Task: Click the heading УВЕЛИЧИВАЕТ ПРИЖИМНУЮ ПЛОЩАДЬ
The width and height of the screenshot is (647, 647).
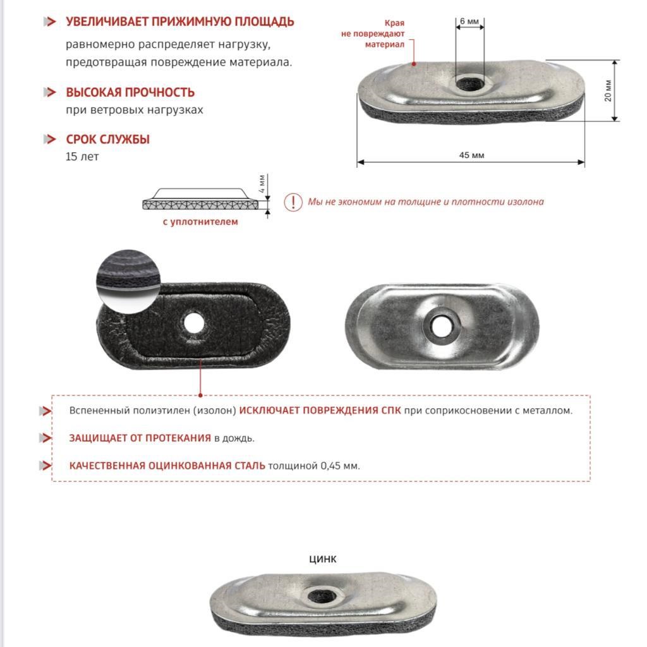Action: coord(180,22)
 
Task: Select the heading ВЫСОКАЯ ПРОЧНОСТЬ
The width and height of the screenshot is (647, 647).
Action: coord(130,93)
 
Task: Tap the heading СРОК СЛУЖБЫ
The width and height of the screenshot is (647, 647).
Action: coord(108,140)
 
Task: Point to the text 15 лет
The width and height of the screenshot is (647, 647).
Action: coord(82,157)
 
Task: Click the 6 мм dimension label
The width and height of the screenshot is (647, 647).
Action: coord(469,21)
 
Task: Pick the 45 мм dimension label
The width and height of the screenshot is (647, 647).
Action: coord(471,155)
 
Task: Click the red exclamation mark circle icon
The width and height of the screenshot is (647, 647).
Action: coord(293,202)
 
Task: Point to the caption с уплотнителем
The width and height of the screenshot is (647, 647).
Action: coord(200,222)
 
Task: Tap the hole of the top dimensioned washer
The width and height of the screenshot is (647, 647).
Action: coord(469,82)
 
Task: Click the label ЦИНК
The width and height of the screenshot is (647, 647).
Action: coord(323,559)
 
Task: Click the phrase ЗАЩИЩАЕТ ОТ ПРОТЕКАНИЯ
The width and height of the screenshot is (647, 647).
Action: coord(140,438)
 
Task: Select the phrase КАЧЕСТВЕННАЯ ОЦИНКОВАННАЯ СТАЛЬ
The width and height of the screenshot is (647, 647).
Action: coord(167,466)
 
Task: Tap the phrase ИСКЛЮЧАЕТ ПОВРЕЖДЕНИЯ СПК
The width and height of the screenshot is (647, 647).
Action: coord(320,411)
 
